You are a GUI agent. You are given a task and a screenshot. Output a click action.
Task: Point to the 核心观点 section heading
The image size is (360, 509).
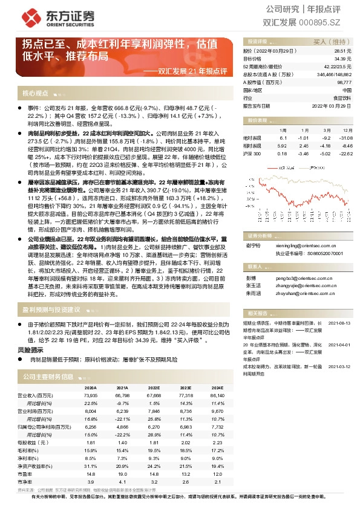(35, 94)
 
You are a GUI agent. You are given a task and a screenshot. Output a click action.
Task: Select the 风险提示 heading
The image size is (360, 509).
(35, 349)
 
